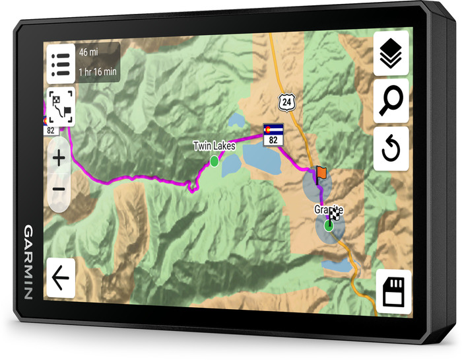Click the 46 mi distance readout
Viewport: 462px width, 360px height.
pos(88,52)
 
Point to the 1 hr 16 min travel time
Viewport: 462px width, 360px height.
pos(98,71)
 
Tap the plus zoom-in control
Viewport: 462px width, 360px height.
pos(59,159)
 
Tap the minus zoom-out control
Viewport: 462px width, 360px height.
pos(59,190)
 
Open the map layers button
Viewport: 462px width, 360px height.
pos(391,54)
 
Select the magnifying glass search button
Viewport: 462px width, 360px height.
pos(391,101)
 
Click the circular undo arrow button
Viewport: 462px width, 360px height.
pos(391,149)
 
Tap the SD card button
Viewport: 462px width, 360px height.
pos(393,291)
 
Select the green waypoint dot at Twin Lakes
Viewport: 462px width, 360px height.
pos(214,161)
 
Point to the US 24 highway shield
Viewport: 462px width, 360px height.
pos(284,101)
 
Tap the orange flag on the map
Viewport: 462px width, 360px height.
pos(321,174)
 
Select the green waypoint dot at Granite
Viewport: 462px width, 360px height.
pos(328,227)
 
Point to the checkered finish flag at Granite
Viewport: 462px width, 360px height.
pos(335,213)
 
